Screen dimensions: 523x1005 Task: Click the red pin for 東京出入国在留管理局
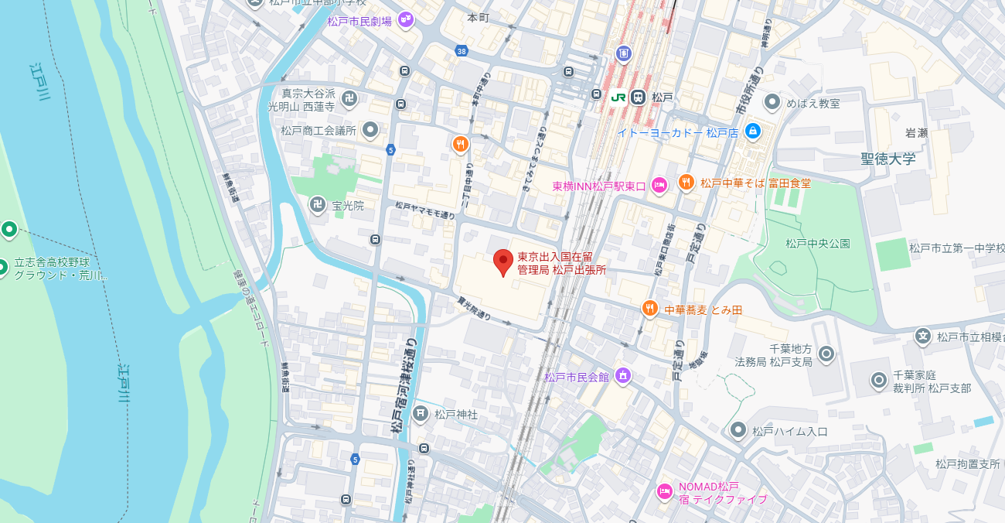(x=503, y=261)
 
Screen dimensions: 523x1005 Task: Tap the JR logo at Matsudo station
(x=618, y=97)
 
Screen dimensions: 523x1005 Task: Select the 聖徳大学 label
(x=887, y=159)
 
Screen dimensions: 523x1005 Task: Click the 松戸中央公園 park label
(x=817, y=244)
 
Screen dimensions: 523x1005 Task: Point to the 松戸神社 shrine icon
(x=421, y=414)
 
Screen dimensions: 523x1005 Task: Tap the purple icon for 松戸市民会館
(x=622, y=377)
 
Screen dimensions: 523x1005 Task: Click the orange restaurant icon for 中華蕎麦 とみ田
(x=649, y=309)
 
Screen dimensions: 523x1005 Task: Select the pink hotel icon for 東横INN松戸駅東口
(x=659, y=185)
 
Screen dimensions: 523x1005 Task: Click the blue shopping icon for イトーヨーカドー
(x=752, y=132)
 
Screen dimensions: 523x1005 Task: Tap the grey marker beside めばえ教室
(x=772, y=102)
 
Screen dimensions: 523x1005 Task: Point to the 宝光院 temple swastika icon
(x=317, y=205)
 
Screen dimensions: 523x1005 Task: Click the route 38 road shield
(x=462, y=51)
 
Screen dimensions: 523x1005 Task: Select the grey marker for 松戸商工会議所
(x=370, y=130)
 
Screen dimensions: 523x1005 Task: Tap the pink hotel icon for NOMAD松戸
(x=664, y=491)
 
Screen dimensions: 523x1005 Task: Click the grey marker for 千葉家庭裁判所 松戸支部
(x=878, y=381)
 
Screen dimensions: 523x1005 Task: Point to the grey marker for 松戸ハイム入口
(x=738, y=430)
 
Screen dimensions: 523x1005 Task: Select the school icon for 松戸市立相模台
(x=922, y=337)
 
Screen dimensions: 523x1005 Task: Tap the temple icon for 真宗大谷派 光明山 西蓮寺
(x=349, y=98)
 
